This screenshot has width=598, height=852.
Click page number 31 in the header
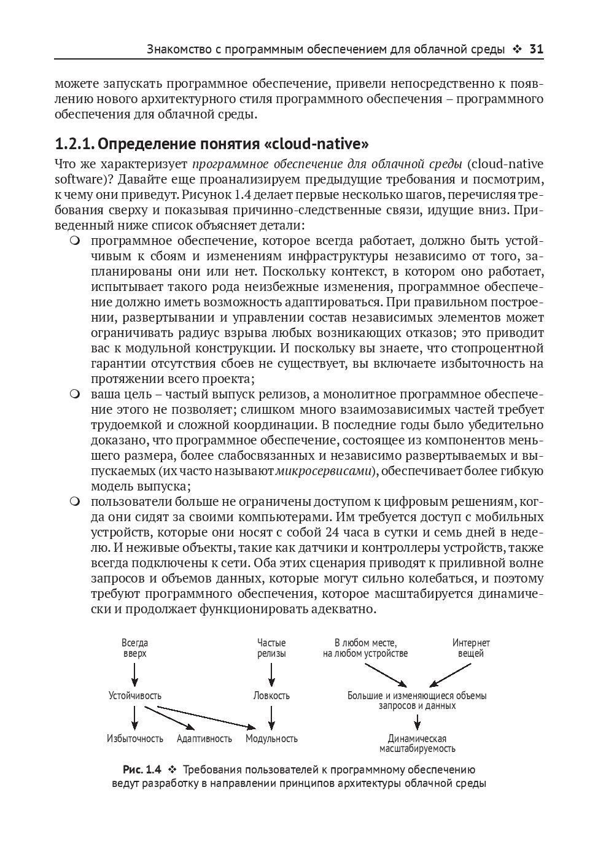click(x=535, y=49)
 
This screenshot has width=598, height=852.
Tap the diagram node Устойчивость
click(x=135, y=695)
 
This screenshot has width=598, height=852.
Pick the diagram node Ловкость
click(x=271, y=695)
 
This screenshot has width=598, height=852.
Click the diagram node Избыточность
click(x=135, y=738)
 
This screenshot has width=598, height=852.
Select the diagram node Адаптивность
click(x=204, y=738)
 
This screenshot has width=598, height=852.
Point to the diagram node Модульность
click(x=271, y=738)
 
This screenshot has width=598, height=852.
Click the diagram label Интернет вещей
click(x=471, y=648)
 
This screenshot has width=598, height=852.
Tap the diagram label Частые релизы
click(x=271, y=648)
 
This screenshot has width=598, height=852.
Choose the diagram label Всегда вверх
click(x=135, y=648)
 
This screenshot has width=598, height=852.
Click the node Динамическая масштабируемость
click(x=417, y=743)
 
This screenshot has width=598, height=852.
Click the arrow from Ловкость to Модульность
click(x=271, y=717)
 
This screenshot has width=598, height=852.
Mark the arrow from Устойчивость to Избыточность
click(x=135, y=717)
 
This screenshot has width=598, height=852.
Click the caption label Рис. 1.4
click(x=142, y=770)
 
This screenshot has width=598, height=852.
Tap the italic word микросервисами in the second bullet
click(x=324, y=471)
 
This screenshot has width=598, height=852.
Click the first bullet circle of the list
click(x=75, y=240)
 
